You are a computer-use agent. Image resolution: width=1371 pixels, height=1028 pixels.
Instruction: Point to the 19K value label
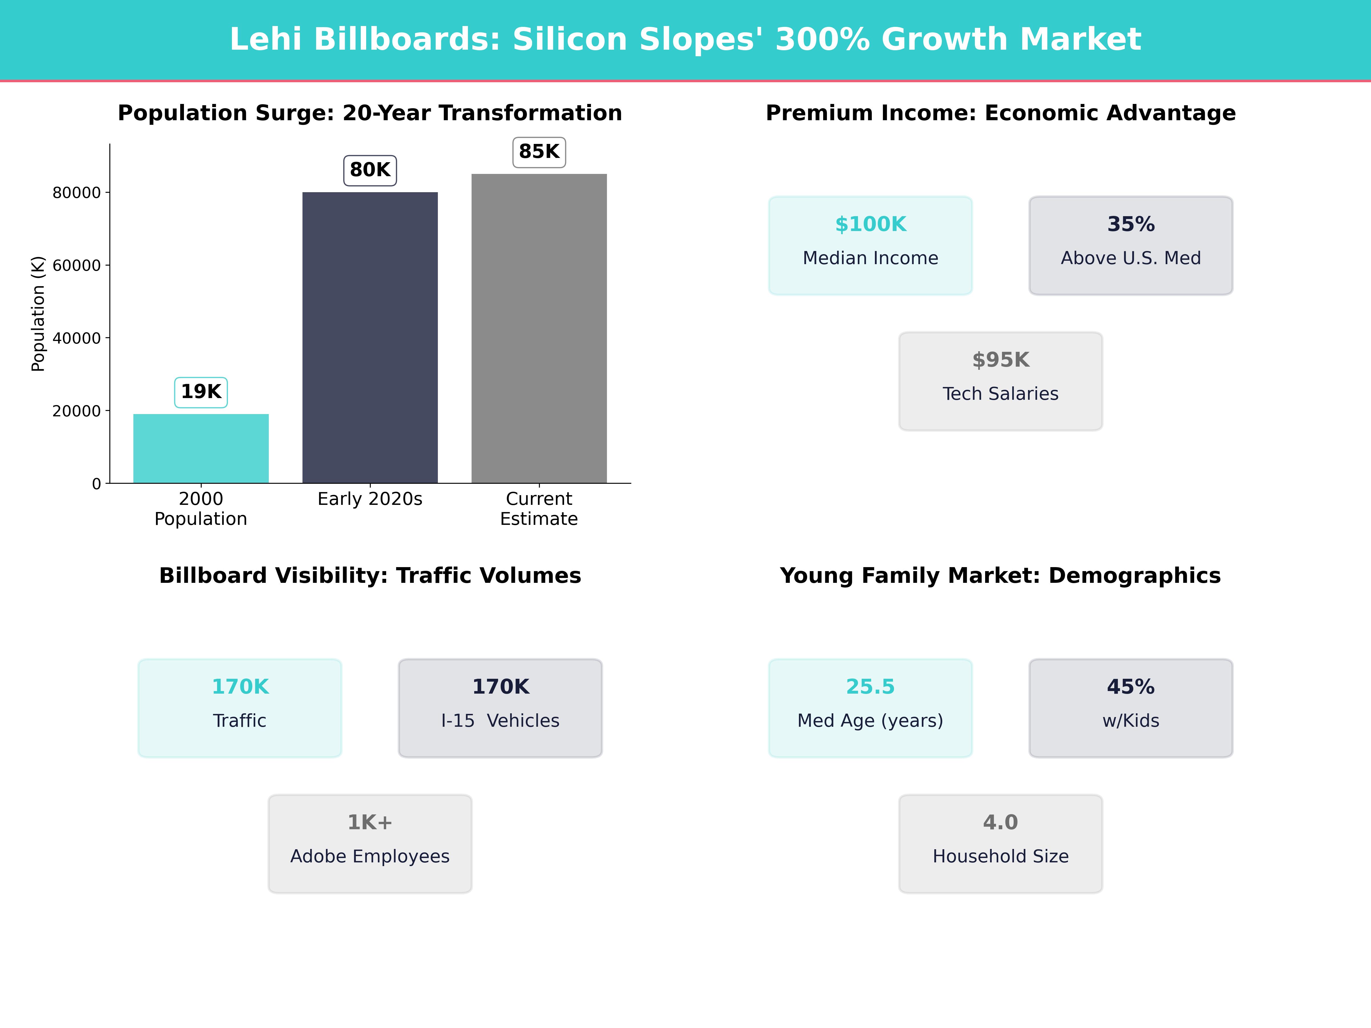coord(201,391)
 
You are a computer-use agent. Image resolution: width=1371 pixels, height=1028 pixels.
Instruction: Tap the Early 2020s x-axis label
coord(370,499)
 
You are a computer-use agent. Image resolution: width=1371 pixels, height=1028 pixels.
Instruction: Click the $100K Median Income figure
coord(870,224)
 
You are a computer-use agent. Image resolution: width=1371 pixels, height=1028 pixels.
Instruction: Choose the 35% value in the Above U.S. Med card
coord(1131,224)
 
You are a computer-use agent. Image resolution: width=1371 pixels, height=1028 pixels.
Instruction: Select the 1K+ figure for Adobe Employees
coord(370,822)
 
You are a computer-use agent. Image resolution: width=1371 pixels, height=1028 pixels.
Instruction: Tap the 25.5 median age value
coord(870,686)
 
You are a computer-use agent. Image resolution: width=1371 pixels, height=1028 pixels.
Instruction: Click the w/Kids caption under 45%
coord(1131,721)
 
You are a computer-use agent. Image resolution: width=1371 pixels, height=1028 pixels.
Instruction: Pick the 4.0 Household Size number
coord(1000,822)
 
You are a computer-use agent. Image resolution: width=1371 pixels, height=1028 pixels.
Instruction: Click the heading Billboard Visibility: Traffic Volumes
coord(370,576)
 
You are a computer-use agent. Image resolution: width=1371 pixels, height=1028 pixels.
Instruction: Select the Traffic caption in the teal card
coord(240,721)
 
